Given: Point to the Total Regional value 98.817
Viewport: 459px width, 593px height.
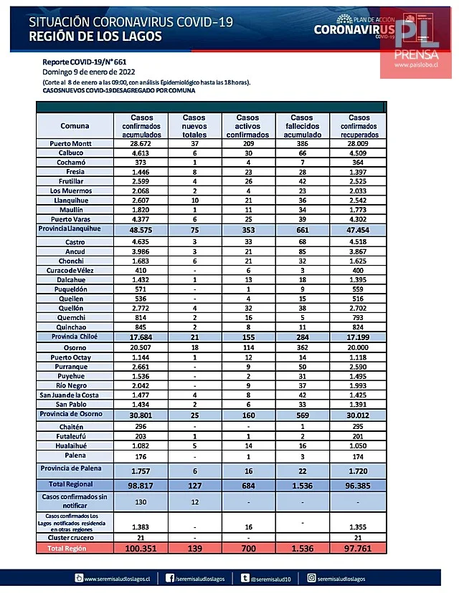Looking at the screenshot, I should point(142,485).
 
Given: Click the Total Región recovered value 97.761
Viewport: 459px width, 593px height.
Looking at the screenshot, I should point(359,548).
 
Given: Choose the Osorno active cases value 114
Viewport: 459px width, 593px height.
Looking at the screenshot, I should point(247,347).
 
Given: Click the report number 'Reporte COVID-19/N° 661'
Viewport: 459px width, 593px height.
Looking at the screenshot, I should point(84,62).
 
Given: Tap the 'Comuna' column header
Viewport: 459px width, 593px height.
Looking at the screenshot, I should point(75,126).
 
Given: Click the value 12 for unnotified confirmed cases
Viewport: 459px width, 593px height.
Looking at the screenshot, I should point(194,502).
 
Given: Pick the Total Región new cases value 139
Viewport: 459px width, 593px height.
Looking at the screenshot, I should point(194,548).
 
